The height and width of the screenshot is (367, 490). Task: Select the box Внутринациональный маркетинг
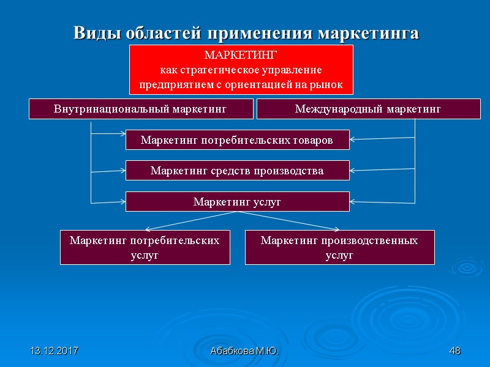click(x=141, y=109)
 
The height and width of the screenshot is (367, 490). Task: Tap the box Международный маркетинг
click(x=368, y=109)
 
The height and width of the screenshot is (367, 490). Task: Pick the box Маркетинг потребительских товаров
click(x=237, y=140)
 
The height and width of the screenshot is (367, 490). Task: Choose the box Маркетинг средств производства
click(x=237, y=171)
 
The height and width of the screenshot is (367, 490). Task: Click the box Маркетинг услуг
click(x=237, y=201)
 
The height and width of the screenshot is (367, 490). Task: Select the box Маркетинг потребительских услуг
click(x=145, y=248)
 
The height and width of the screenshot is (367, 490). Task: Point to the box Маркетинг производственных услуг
click(x=339, y=248)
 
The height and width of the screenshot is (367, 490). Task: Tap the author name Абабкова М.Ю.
click(x=244, y=351)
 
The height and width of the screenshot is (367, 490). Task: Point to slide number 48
click(x=454, y=351)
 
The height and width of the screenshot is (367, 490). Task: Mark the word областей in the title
click(x=161, y=33)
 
